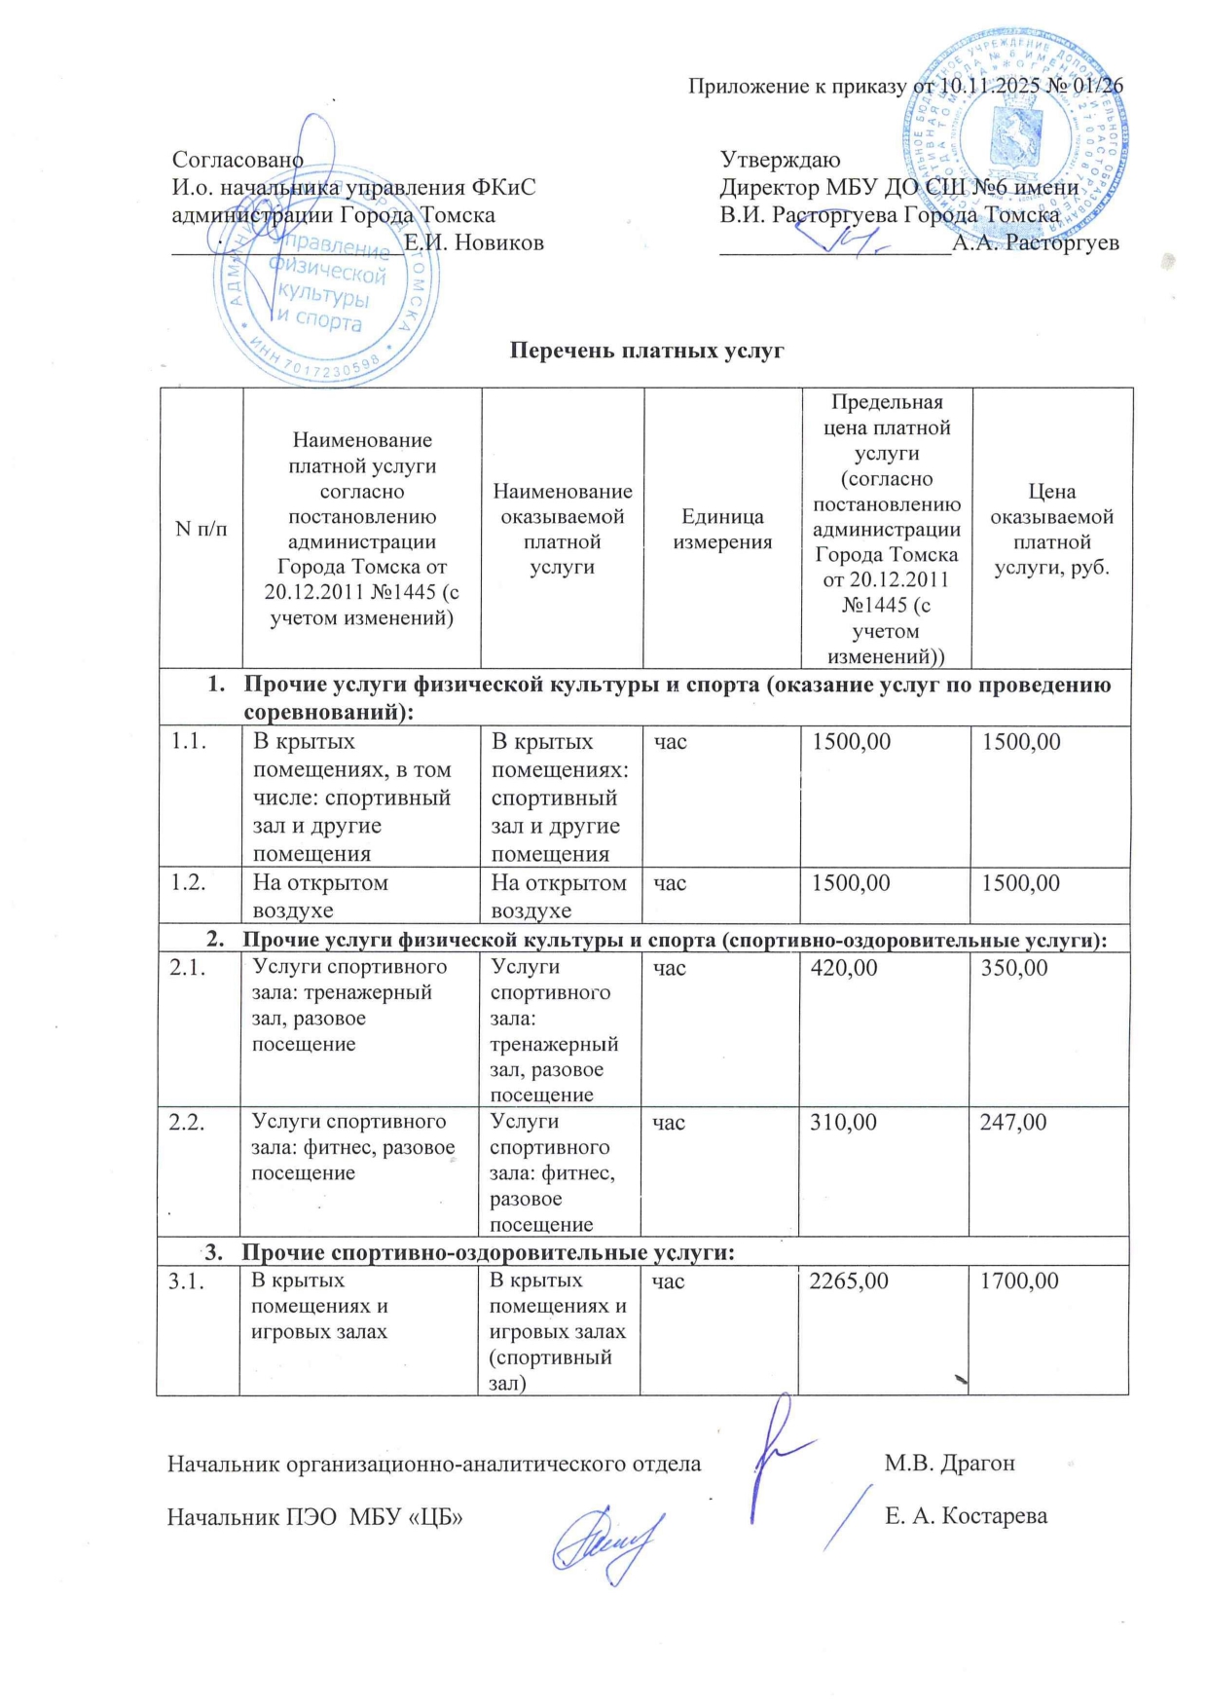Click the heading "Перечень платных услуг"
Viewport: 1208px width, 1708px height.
pos(647,351)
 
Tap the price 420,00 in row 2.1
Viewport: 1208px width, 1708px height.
pos(844,968)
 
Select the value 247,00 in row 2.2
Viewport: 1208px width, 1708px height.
pos(1013,1123)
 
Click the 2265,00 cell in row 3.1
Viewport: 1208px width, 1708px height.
pos(849,1281)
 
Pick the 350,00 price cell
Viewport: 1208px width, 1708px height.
pos(1014,968)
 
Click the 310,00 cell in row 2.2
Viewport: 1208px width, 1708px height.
pos(843,1123)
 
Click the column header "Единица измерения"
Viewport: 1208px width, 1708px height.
pos(722,529)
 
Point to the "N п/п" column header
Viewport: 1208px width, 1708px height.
pos(201,529)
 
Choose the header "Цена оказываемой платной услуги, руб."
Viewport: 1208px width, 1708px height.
pos(1052,529)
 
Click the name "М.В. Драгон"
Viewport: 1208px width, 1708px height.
pos(949,1464)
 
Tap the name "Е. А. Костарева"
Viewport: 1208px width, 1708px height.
pos(966,1516)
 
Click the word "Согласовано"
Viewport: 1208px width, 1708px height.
pos(238,160)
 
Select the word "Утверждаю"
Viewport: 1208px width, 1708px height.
pos(780,160)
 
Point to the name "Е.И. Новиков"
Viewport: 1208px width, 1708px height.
pos(474,242)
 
